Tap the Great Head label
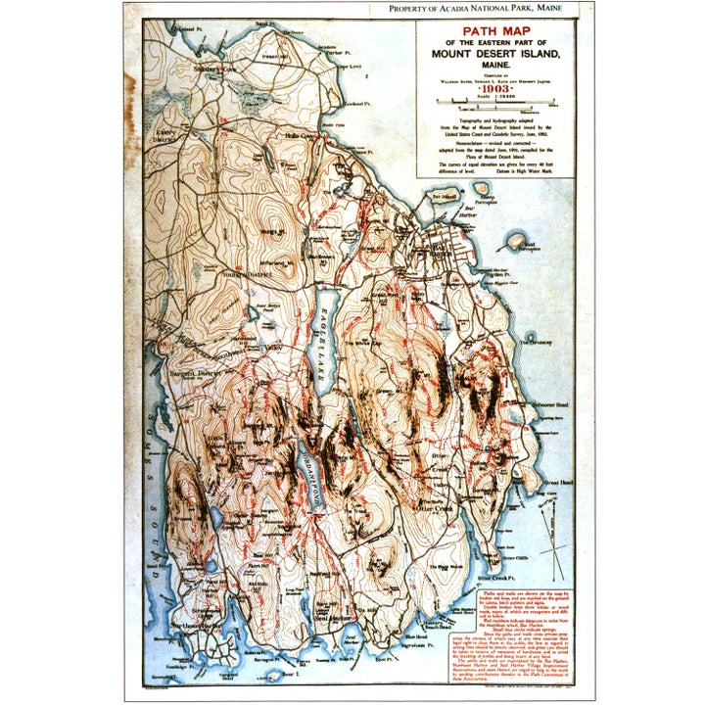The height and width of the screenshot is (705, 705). click(558, 482)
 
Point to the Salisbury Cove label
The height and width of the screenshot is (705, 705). click(214, 70)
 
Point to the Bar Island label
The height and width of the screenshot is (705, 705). click(445, 196)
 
